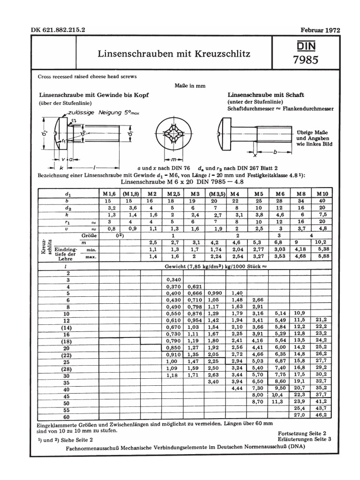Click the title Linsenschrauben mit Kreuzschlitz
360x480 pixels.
[174, 53]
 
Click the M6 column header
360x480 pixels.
[280, 193]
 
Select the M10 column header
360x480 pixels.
[321, 193]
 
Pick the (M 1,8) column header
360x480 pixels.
[129, 193]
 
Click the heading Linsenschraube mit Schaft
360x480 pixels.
[265, 95]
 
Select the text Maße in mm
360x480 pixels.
[190, 86]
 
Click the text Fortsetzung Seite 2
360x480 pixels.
[301, 435]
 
